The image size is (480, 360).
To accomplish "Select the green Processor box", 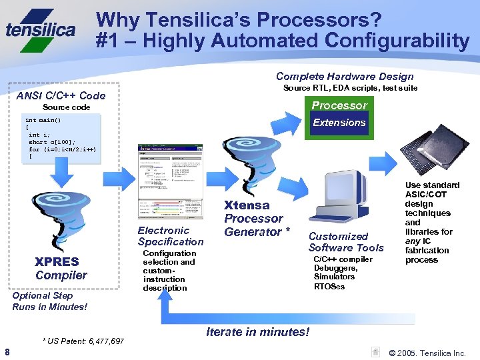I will (x=339, y=105).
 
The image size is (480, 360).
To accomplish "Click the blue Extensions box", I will (x=339, y=123).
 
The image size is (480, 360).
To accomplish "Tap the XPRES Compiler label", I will (x=61, y=268).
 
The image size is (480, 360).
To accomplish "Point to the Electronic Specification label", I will (x=170, y=236).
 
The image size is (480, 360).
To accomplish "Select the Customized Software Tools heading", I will (x=346, y=242).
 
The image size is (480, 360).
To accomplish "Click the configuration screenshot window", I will (x=170, y=182).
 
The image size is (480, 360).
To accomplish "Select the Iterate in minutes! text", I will (x=258, y=331).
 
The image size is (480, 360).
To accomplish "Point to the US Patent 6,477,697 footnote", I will (x=83, y=341).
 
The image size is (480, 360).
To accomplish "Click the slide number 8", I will (x=7, y=352).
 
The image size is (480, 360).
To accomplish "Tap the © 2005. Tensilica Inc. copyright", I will (x=427, y=353).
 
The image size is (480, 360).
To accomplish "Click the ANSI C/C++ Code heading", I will (x=61, y=95).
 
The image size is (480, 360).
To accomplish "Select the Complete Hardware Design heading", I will (x=345, y=76).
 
